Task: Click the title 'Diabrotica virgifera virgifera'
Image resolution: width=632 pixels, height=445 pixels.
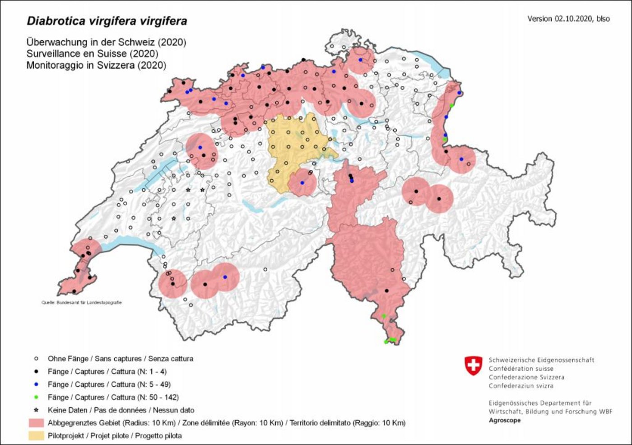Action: pyautogui.click(x=107, y=21)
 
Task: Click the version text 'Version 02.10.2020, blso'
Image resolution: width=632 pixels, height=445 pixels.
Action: pyautogui.click(x=568, y=19)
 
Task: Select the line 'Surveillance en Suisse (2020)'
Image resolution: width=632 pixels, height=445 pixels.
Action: pyautogui.click(x=92, y=54)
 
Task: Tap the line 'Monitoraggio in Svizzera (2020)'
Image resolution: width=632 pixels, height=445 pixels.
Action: pyautogui.click(x=96, y=65)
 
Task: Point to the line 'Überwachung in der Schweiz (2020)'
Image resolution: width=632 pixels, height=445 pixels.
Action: pyautogui.click(x=106, y=42)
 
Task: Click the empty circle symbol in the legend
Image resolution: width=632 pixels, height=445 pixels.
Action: pyautogui.click(x=36, y=359)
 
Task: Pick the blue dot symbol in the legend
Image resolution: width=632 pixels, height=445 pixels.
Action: pyautogui.click(x=36, y=384)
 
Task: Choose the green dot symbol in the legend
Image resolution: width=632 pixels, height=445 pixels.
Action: pyautogui.click(x=36, y=397)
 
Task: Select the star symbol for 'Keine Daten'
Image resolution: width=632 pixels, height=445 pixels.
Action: pyautogui.click(x=36, y=410)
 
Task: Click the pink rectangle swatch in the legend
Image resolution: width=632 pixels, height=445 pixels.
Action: pyautogui.click(x=36, y=423)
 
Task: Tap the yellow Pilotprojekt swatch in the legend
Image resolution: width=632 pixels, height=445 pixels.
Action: pyautogui.click(x=36, y=436)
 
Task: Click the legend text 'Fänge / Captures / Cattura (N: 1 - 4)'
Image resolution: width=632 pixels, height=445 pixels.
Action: pyautogui.click(x=107, y=371)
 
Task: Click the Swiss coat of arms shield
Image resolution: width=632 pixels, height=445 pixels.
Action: pyautogui.click(x=473, y=365)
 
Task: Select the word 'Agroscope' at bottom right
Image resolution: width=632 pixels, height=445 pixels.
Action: pyautogui.click(x=504, y=420)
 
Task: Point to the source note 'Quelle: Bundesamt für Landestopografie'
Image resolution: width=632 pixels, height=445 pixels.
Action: pyautogui.click(x=82, y=303)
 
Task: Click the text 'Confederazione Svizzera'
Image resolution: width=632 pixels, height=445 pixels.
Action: pyautogui.click(x=526, y=377)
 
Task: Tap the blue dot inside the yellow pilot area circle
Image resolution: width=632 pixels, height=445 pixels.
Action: pyautogui.click(x=302, y=183)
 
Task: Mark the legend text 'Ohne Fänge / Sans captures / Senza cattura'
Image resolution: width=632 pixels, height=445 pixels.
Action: pyautogui.click(x=120, y=359)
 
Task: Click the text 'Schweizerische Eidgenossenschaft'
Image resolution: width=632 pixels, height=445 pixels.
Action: pyautogui.click(x=541, y=360)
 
